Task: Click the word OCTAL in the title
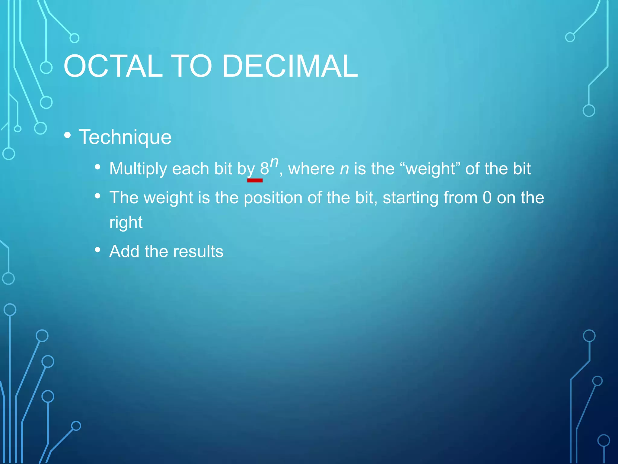(113, 66)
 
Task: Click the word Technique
(125, 137)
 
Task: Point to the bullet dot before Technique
(68, 135)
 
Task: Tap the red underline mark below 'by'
(255, 180)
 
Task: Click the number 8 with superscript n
(264, 169)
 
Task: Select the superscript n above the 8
(274, 163)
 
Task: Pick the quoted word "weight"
(430, 169)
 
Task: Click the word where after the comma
(311, 169)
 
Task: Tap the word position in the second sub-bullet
(273, 198)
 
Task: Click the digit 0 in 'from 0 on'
(487, 198)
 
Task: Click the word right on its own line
(126, 223)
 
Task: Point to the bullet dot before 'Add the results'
(97, 250)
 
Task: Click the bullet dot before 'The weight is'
(97, 196)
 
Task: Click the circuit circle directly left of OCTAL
(46, 68)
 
